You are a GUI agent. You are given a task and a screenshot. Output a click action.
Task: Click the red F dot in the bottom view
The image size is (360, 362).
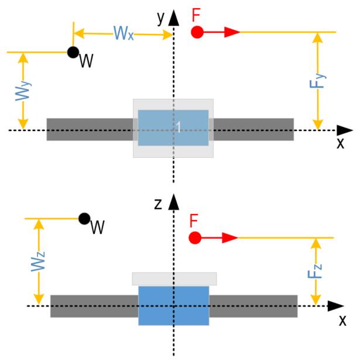196,237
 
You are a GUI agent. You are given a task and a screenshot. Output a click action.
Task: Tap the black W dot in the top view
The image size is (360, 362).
73,52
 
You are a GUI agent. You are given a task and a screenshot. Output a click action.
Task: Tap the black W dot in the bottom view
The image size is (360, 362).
84,219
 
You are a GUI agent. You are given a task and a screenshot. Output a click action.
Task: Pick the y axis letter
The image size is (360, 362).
160,18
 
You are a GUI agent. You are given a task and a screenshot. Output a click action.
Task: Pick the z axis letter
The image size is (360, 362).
159,204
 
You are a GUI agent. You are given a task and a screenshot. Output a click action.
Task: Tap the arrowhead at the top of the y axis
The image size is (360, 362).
173,19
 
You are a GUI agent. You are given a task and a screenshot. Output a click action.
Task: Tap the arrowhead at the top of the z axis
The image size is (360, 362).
173,204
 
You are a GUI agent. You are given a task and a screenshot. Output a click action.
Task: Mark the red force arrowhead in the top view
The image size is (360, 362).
232,32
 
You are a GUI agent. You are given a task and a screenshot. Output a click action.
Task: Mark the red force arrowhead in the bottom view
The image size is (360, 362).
230,237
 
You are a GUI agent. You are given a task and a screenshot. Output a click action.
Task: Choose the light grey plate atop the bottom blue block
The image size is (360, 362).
174,278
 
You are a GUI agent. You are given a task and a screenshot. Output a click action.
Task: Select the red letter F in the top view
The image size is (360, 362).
197,14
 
